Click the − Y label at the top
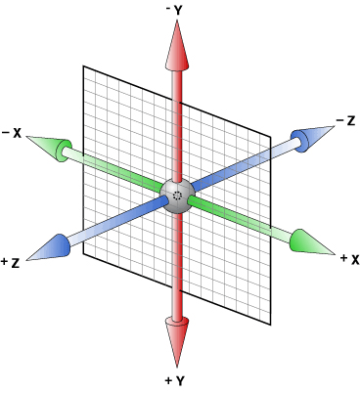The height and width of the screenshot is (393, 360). point(178,9)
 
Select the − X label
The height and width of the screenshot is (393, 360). point(13,132)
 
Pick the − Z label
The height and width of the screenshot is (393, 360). point(343,120)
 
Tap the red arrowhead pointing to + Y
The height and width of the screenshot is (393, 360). point(178,337)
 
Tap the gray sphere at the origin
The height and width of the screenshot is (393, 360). point(177,193)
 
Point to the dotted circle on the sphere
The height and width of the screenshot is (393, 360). point(177,196)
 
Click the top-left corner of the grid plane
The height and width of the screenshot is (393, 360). point(83,66)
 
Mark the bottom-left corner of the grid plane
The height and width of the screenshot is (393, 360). point(83,257)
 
